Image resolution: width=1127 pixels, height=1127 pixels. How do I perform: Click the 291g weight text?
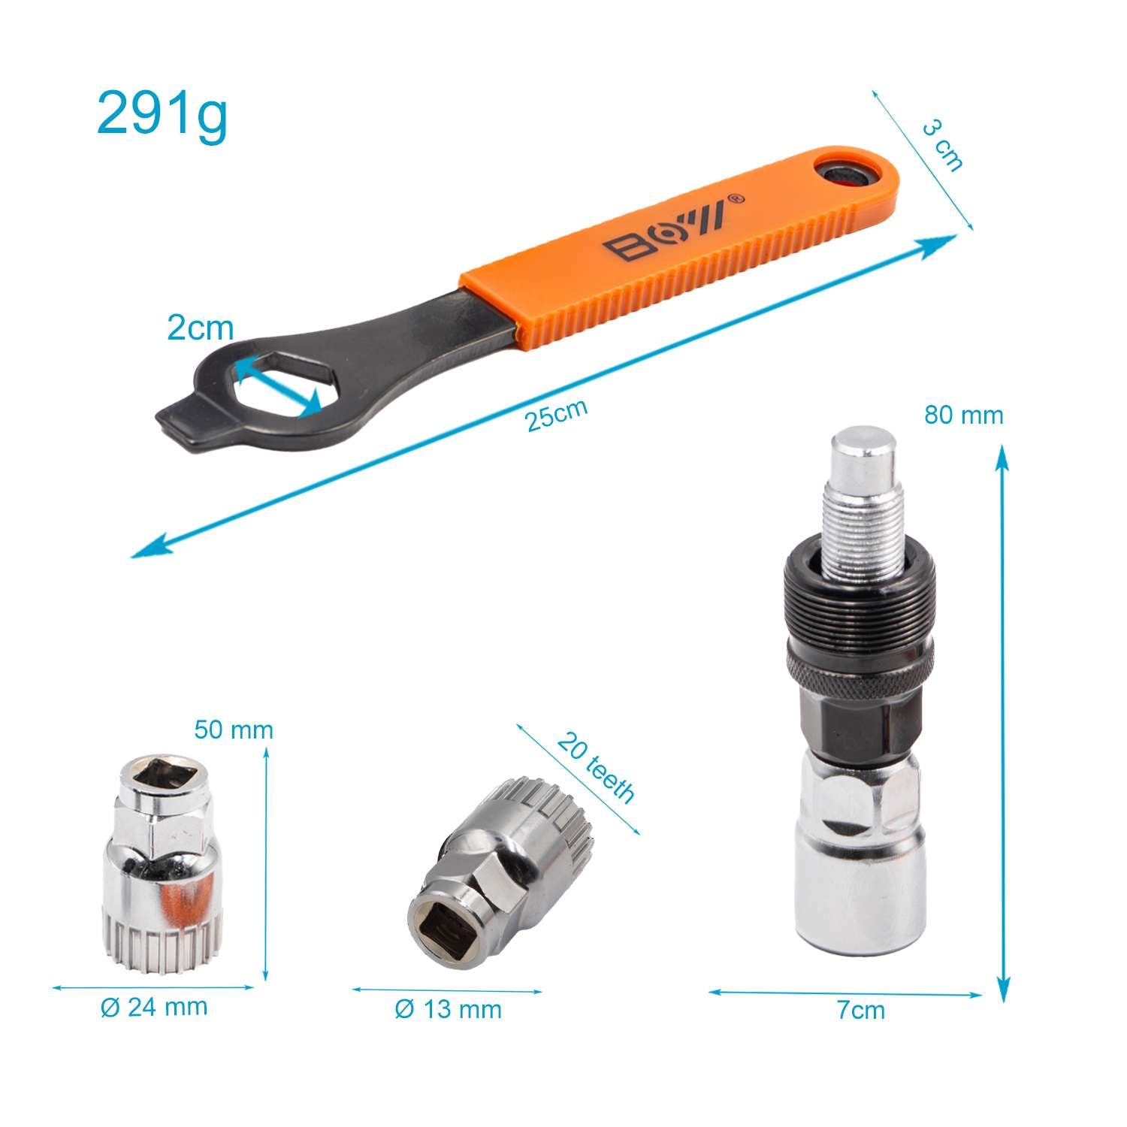[x=162, y=114]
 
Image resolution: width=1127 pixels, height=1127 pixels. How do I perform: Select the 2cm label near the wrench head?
[x=201, y=328]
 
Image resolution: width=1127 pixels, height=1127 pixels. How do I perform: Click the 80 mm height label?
[x=964, y=415]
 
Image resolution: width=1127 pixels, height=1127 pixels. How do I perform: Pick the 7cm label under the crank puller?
[x=861, y=1010]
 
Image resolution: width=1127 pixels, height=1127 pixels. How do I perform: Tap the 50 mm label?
[x=234, y=730]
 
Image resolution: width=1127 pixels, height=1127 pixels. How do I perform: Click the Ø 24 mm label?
[x=154, y=1007]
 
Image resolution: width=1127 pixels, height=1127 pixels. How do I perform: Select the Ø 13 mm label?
[x=449, y=1009]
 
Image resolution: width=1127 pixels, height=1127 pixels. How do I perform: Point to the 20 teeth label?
[x=596, y=768]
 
